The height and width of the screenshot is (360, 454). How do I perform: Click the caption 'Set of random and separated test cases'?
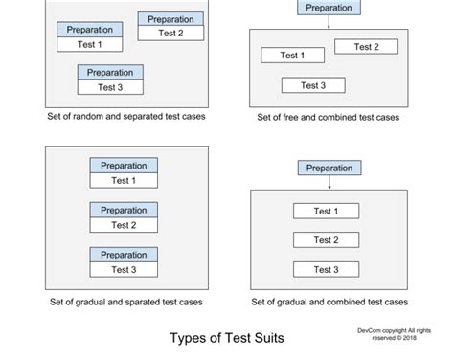pyautogui.click(x=125, y=118)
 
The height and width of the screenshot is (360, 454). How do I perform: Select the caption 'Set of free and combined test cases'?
pyautogui.click(x=328, y=118)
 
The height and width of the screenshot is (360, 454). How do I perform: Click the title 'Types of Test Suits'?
pyautogui.click(x=226, y=338)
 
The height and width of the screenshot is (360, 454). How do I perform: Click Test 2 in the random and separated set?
pyautogui.click(x=170, y=33)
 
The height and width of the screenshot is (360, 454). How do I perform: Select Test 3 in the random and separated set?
pyautogui.click(x=110, y=87)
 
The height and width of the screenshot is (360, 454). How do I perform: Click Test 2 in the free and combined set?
pyautogui.click(x=366, y=47)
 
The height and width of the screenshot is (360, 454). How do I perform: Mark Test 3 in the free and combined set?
pyautogui.click(x=313, y=85)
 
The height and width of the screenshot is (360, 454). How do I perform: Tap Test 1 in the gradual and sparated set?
pyautogui.click(x=124, y=180)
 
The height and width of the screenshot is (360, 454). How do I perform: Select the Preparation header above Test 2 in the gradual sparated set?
pyautogui.click(x=124, y=210)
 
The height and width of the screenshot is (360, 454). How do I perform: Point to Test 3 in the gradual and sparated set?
pyautogui.click(x=124, y=269)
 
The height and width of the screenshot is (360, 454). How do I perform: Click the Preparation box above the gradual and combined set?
pyautogui.click(x=329, y=169)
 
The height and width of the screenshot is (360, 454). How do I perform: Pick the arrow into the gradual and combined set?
pyautogui.click(x=329, y=183)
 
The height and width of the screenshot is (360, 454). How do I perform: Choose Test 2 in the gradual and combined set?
pyautogui.click(x=327, y=240)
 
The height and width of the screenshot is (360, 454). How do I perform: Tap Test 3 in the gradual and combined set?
pyautogui.click(x=327, y=269)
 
